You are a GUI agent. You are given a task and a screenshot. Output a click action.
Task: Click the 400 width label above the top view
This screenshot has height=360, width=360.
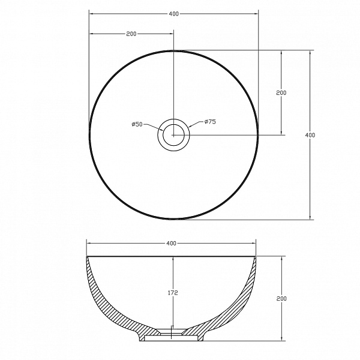coord(173,14)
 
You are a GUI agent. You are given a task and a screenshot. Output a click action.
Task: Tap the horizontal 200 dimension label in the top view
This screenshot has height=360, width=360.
coord(131,34)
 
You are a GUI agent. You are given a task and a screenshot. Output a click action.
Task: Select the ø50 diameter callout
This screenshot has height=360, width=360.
coord(137,124)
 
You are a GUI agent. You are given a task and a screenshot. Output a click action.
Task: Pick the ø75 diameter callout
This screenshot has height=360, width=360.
coord(210,121)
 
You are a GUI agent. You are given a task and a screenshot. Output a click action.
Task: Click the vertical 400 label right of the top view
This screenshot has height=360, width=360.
coord(310,135)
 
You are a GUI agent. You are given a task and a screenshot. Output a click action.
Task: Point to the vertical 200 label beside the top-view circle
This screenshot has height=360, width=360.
coord(281,93)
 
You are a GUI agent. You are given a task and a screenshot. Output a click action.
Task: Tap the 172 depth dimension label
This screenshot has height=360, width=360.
coord(173,293)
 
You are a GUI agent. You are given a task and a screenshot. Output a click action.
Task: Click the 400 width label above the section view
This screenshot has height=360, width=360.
coord(171,243)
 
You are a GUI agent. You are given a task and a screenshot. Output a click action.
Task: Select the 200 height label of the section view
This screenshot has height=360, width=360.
coord(281,298)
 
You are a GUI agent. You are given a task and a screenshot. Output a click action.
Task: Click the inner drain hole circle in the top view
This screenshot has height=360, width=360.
coord(173,124)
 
